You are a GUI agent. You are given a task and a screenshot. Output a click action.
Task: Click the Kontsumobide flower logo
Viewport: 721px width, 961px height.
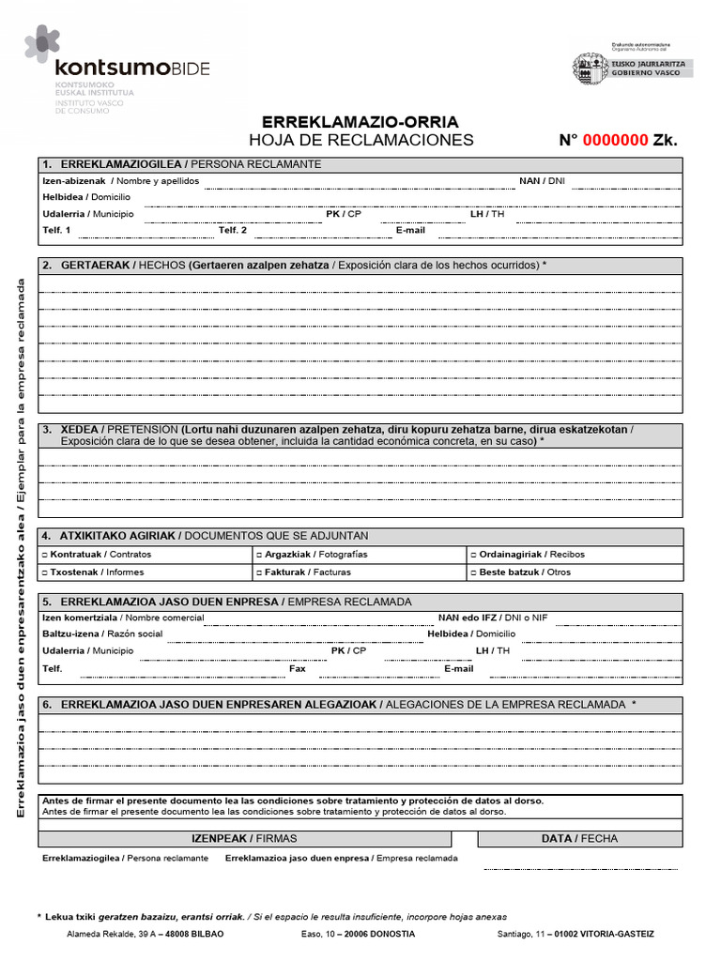point(42,43)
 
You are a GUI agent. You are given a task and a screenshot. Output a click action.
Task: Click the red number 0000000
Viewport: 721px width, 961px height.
point(616,141)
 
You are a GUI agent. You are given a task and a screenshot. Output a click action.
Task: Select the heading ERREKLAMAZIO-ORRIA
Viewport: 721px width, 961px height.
point(360,122)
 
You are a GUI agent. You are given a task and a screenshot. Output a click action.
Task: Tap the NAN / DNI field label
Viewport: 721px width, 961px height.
point(542,181)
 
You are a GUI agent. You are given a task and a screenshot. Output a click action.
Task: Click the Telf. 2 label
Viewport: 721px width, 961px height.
point(233,230)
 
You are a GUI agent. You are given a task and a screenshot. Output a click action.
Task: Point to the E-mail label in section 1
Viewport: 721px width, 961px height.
point(410,230)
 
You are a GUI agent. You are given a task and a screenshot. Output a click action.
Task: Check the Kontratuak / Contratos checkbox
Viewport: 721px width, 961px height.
point(45,555)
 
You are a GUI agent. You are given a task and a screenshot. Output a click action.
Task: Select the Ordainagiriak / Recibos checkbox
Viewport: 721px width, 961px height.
point(474,555)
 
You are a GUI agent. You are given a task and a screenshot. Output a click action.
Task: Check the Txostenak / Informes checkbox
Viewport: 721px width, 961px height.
point(45,572)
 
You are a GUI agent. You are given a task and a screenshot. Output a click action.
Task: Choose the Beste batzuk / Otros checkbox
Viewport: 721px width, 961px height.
point(474,572)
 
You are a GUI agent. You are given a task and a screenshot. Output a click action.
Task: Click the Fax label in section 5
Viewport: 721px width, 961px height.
point(298,669)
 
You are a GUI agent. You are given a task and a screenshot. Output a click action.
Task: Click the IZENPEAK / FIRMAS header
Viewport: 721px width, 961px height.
point(244,839)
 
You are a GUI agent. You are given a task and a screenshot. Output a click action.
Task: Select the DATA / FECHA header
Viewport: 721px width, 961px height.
point(579,839)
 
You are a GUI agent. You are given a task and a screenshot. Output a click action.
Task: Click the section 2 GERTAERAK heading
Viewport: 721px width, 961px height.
point(95,266)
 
